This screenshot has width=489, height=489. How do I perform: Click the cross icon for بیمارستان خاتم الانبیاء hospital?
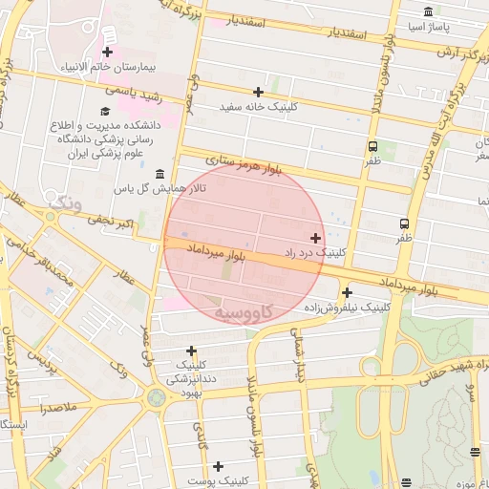click(x=107, y=53)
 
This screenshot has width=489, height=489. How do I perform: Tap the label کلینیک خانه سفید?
click(x=259, y=107)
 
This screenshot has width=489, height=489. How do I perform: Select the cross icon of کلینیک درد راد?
click(x=315, y=237)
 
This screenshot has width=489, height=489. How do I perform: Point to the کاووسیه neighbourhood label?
click(x=244, y=312)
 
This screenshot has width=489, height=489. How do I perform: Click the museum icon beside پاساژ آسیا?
click(x=426, y=12)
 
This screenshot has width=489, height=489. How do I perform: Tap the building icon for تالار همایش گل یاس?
click(x=159, y=174)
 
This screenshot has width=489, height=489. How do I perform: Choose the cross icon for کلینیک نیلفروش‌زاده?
click(x=347, y=292)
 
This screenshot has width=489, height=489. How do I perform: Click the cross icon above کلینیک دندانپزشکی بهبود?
click(x=192, y=351)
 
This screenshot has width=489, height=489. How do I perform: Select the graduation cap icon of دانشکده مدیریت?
click(x=105, y=112)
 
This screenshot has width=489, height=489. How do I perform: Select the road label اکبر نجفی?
click(x=112, y=226)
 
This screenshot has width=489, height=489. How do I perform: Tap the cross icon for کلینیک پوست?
click(x=219, y=466)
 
